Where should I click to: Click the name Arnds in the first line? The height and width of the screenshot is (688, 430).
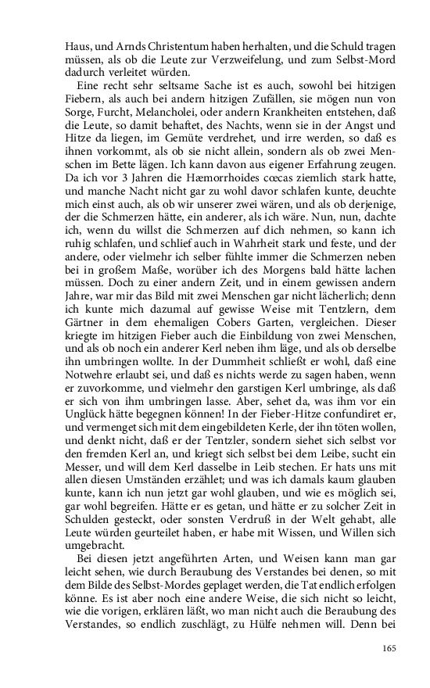coord(111,45)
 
